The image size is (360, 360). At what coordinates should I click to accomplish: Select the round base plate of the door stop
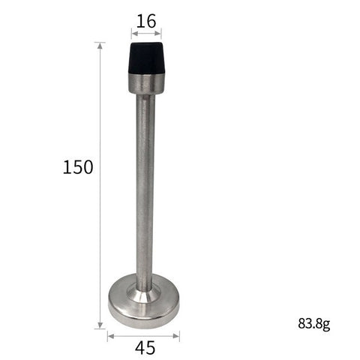pos(143,304)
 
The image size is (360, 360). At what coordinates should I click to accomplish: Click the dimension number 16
pos(146,20)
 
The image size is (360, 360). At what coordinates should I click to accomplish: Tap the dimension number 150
pos(78,166)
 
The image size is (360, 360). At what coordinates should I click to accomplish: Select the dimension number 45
pos(146,347)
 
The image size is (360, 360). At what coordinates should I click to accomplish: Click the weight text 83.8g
pos(313,325)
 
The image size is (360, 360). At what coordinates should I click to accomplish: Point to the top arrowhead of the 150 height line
pos(100,45)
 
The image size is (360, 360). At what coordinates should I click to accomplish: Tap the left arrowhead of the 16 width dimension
pos(133,33)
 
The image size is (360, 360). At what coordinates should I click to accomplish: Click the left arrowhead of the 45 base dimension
pos(110,335)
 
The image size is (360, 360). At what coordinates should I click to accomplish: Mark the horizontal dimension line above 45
pos(143,335)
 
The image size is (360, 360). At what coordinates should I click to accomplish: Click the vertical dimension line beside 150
pos(100,225)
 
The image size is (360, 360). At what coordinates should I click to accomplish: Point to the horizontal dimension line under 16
pos(146,33)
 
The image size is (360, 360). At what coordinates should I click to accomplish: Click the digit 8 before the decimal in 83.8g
pos(301,325)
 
